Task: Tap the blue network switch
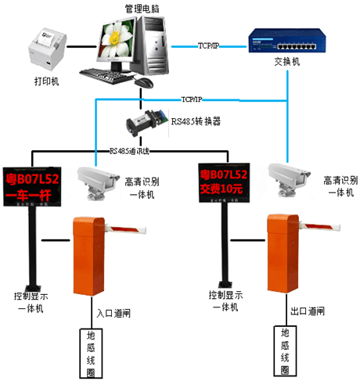pyautogui.click(x=286, y=41)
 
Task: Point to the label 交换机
pyautogui.click(x=286, y=63)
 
